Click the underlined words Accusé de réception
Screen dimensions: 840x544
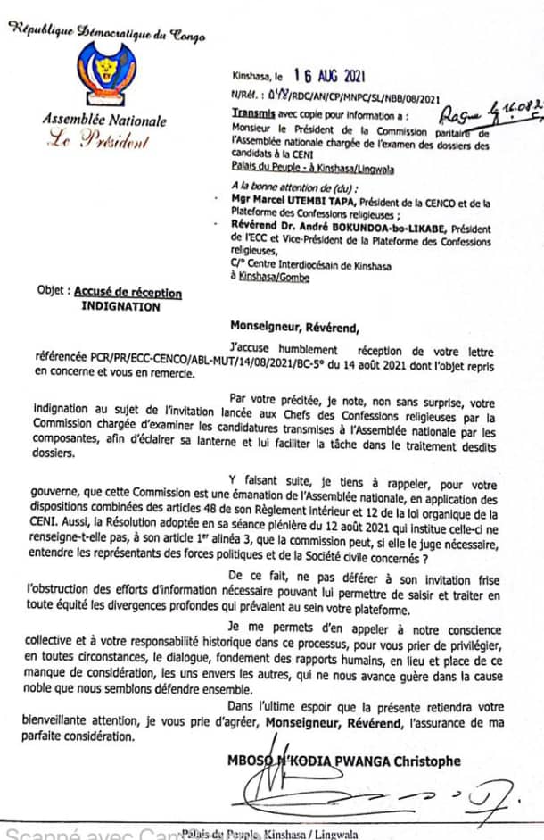pos(128,293)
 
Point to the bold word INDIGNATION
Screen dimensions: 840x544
pos(121,306)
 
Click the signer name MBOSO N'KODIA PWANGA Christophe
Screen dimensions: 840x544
pos(380,761)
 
